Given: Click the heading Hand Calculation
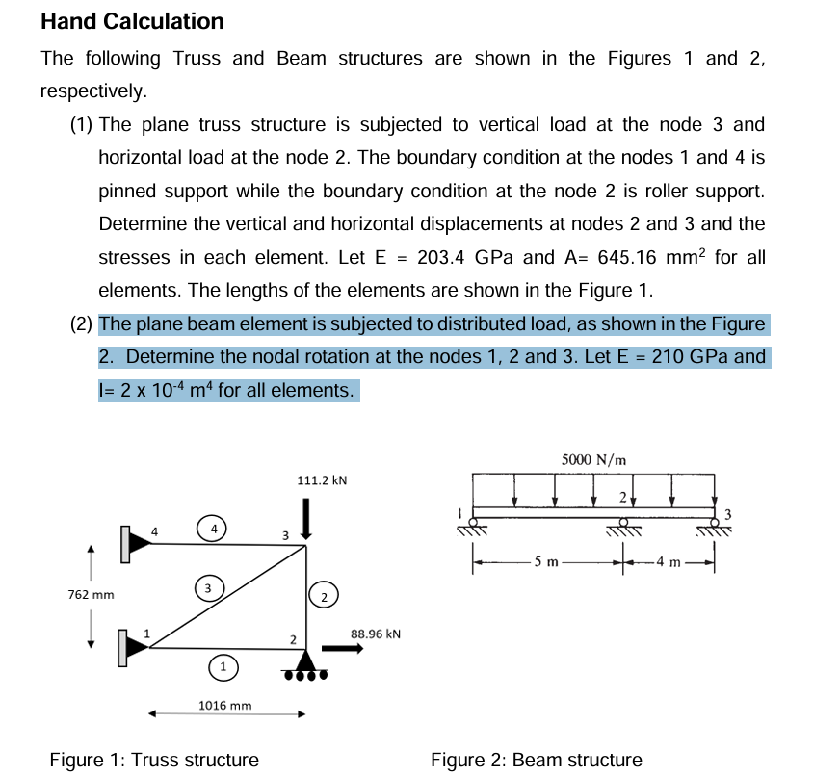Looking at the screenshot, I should click(x=132, y=21).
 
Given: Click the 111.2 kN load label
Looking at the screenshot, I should click(x=323, y=479).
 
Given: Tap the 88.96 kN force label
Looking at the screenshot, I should click(x=377, y=634).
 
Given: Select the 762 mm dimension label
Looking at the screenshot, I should click(x=91, y=594).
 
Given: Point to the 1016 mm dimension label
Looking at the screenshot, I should click(x=224, y=705).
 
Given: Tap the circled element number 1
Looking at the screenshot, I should click(x=223, y=666).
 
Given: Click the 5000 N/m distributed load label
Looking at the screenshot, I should click(x=593, y=459).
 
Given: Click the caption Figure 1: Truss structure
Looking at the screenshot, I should click(x=154, y=760).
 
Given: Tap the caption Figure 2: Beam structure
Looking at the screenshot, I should click(x=536, y=760).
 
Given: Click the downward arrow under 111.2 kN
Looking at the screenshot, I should click(x=306, y=518).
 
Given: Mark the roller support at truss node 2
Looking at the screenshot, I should click(x=306, y=664).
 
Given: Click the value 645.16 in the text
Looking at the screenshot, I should click(x=632, y=257).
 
